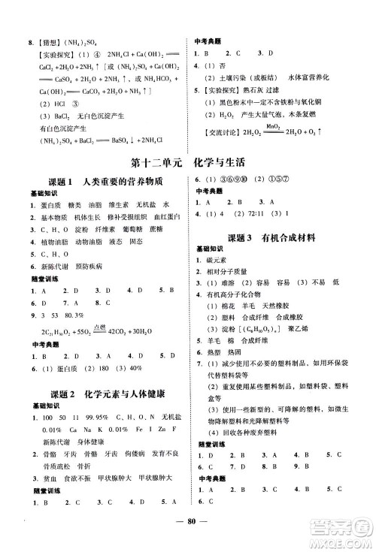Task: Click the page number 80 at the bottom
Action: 188,535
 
